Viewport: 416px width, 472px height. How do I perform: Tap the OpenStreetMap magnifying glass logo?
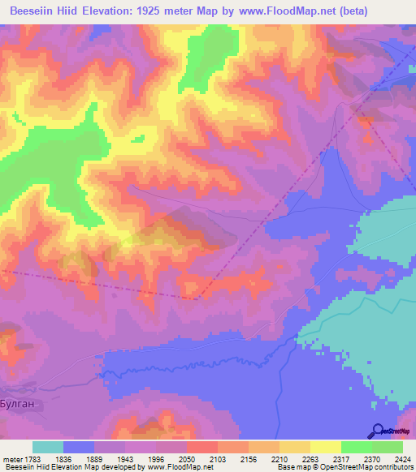[379, 430]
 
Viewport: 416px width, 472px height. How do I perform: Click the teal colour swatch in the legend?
[48, 448]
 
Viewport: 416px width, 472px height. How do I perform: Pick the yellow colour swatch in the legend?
[326, 448]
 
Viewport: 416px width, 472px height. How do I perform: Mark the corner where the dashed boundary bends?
[195, 298]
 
